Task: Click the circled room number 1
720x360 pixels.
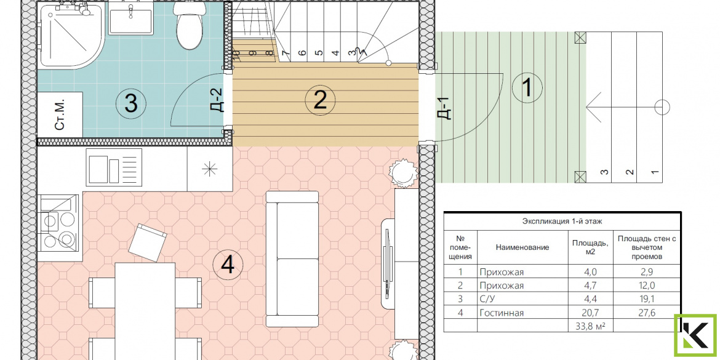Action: pyautogui.click(x=527, y=87)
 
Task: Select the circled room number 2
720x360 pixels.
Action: pyautogui.click(x=320, y=100)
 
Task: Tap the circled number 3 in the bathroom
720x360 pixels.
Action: pyautogui.click(x=131, y=103)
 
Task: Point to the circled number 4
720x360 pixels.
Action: pyautogui.click(x=228, y=264)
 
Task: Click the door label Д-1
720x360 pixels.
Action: pyautogui.click(x=445, y=108)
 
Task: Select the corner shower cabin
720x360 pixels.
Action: pyautogui.click(x=70, y=34)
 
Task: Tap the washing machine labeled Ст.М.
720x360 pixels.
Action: pyautogui.click(x=60, y=114)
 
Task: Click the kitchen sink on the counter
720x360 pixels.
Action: pyautogui.click(x=113, y=169)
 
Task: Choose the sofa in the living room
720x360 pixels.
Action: pyautogui.click(x=292, y=259)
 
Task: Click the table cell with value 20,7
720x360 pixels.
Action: pyautogui.click(x=590, y=313)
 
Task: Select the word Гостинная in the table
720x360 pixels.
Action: pyautogui.click(x=502, y=313)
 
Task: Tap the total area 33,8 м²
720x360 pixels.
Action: pyautogui.click(x=591, y=326)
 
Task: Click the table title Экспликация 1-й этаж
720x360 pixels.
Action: pyautogui.click(x=562, y=222)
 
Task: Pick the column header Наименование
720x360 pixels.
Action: pyautogui.click(x=522, y=247)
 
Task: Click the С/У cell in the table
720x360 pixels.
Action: pyautogui.click(x=487, y=300)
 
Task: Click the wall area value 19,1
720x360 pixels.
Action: pyautogui.click(x=646, y=300)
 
